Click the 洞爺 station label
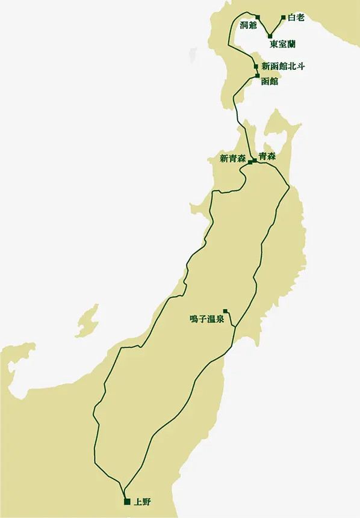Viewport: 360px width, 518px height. click(249, 25)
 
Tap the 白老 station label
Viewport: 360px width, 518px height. click(296, 17)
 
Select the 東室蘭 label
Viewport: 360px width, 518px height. click(282, 44)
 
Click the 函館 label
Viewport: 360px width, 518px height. click(270, 81)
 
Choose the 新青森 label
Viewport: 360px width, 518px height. click(232, 159)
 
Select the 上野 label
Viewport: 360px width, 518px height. click(143, 502)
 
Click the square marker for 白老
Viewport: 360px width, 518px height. click(284, 17)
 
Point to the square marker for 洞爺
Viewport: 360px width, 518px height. click(258, 17)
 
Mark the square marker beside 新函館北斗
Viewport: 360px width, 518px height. click(256, 66)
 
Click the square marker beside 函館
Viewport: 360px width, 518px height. click(257, 76)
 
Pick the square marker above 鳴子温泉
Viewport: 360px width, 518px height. click(225, 311)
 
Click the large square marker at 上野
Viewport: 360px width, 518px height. click(126, 502)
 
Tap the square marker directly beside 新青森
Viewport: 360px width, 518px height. click(250, 162)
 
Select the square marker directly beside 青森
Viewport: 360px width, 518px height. click(255, 160)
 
